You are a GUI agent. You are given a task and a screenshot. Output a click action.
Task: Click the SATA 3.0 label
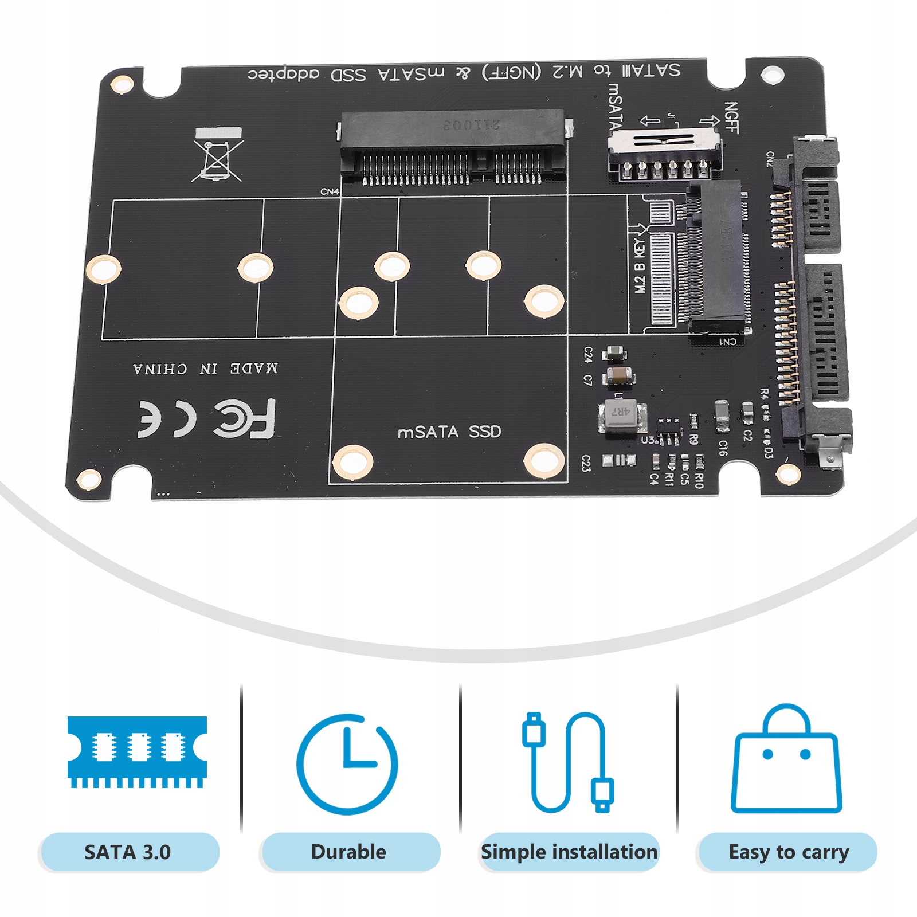(x=128, y=852)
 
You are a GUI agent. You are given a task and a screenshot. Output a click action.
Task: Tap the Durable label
(x=348, y=852)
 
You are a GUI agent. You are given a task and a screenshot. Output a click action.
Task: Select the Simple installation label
(x=569, y=852)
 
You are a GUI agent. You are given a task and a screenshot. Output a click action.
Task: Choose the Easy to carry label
(x=789, y=852)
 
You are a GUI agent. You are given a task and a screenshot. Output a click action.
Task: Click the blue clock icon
(x=347, y=764)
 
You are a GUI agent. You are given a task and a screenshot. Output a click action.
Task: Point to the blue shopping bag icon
(x=786, y=759)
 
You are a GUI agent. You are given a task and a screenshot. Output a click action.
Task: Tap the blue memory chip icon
(x=137, y=751)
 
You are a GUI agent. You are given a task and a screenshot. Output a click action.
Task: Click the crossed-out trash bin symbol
(x=218, y=155)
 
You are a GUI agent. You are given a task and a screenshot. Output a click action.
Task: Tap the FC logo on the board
(x=245, y=419)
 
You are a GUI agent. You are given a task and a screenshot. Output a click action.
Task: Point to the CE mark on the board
(x=166, y=420)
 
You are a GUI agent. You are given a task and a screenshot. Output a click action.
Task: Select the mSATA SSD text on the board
(x=449, y=432)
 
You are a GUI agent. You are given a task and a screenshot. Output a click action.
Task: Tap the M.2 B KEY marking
(x=640, y=267)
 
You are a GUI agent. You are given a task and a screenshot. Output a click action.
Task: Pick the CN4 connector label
(x=330, y=191)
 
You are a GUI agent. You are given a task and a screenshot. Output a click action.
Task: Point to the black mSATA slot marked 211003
(x=453, y=146)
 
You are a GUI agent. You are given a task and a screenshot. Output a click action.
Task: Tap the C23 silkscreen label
(x=586, y=463)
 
